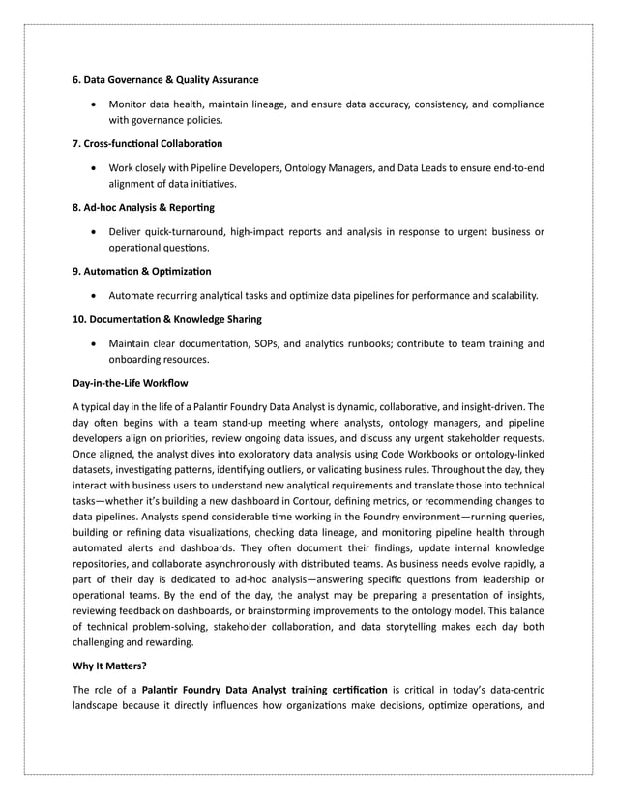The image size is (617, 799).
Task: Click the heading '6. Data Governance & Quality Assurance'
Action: pyautogui.click(x=166, y=79)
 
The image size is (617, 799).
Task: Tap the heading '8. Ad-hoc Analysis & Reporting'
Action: pyautogui.click(x=144, y=208)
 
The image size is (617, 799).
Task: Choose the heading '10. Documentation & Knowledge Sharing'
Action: pyautogui.click(x=167, y=319)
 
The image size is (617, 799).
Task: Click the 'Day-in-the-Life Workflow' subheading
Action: pyautogui.click(x=131, y=384)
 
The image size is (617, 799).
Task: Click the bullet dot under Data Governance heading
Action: pyautogui.click(x=93, y=104)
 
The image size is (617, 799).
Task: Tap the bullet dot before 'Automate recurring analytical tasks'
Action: pyautogui.click(x=93, y=296)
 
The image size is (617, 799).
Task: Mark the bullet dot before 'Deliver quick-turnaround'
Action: pyautogui.click(x=93, y=232)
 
